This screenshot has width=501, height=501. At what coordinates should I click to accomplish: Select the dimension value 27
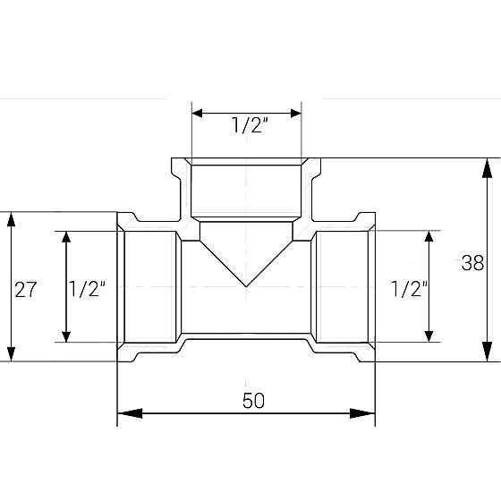25,289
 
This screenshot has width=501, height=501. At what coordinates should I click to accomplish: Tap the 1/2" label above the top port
246,126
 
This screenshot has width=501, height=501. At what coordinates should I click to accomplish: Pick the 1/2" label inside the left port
88,289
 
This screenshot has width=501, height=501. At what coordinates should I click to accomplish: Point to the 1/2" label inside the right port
410,289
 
